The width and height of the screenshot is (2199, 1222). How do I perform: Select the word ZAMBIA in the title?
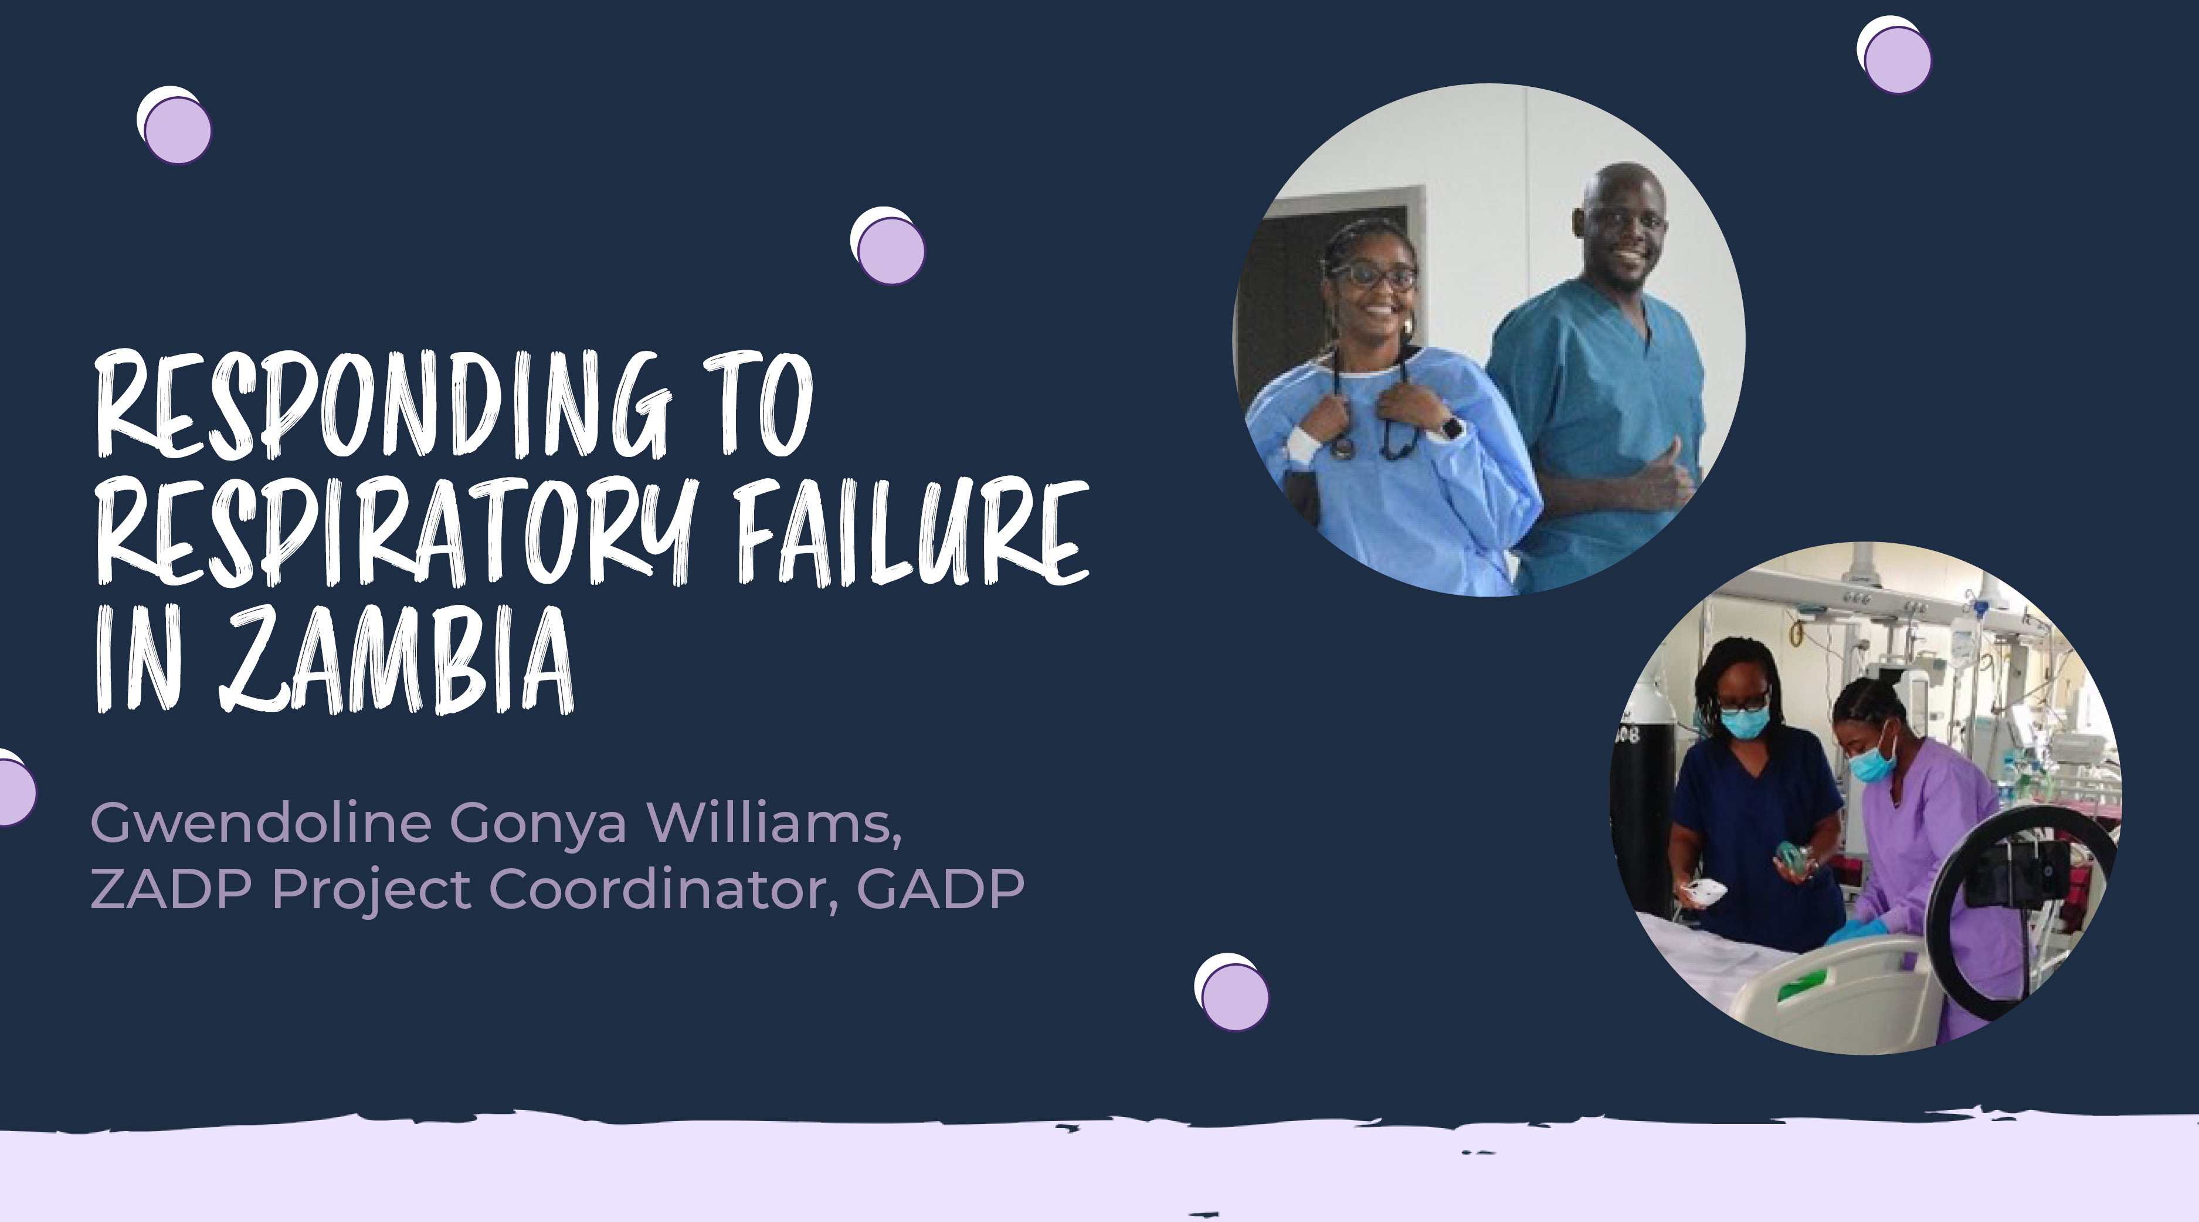pyautogui.click(x=397, y=658)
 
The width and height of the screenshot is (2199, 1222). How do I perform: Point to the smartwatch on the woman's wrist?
pyautogui.click(x=1451, y=426)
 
